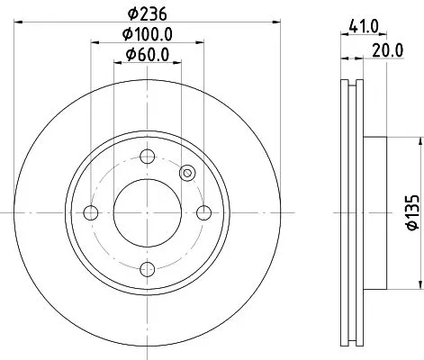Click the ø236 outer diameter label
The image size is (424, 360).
coord(148,13)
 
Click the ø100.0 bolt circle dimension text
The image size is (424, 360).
coord(148,34)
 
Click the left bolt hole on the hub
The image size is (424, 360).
coord(90,213)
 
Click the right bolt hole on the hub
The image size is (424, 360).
coord(204,213)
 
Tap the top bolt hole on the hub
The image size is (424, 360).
coord(148,157)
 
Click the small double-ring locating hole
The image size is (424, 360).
coord(187,174)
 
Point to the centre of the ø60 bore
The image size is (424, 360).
coord(148,213)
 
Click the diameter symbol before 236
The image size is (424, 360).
coord(131,13)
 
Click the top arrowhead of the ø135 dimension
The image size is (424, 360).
coord(420,140)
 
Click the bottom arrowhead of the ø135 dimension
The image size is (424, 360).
coord(420,286)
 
